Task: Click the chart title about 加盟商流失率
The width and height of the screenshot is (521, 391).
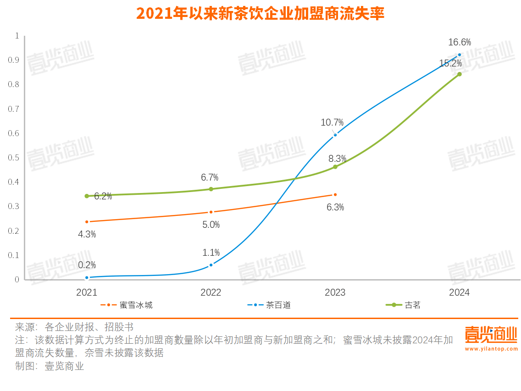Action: (x=260, y=13)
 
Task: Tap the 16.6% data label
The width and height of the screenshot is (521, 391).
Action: (x=459, y=43)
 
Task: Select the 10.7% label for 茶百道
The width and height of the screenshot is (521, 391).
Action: (x=332, y=122)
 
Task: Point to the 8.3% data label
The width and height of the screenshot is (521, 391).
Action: (x=337, y=159)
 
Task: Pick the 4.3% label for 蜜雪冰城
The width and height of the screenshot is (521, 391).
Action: (x=87, y=234)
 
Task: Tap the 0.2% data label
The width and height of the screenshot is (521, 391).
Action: (x=87, y=265)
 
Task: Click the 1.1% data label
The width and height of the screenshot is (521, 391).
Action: (x=211, y=253)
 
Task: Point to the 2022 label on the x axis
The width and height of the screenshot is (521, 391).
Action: (x=211, y=292)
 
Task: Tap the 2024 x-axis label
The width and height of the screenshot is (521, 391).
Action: (x=459, y=292)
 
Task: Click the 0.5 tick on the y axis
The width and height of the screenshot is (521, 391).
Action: (x=17, y=158)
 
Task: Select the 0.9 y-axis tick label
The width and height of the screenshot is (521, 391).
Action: (x=17, y=60)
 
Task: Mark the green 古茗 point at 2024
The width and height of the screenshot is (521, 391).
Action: (x=459, y=74)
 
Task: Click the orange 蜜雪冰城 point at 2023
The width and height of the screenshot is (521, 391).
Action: (x=335, y=195)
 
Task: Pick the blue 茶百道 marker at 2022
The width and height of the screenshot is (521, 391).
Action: (x=211, y=265)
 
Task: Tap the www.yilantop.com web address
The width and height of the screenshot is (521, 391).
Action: (x=491, y=349)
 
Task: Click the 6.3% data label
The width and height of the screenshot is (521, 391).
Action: (x=335, y=207)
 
